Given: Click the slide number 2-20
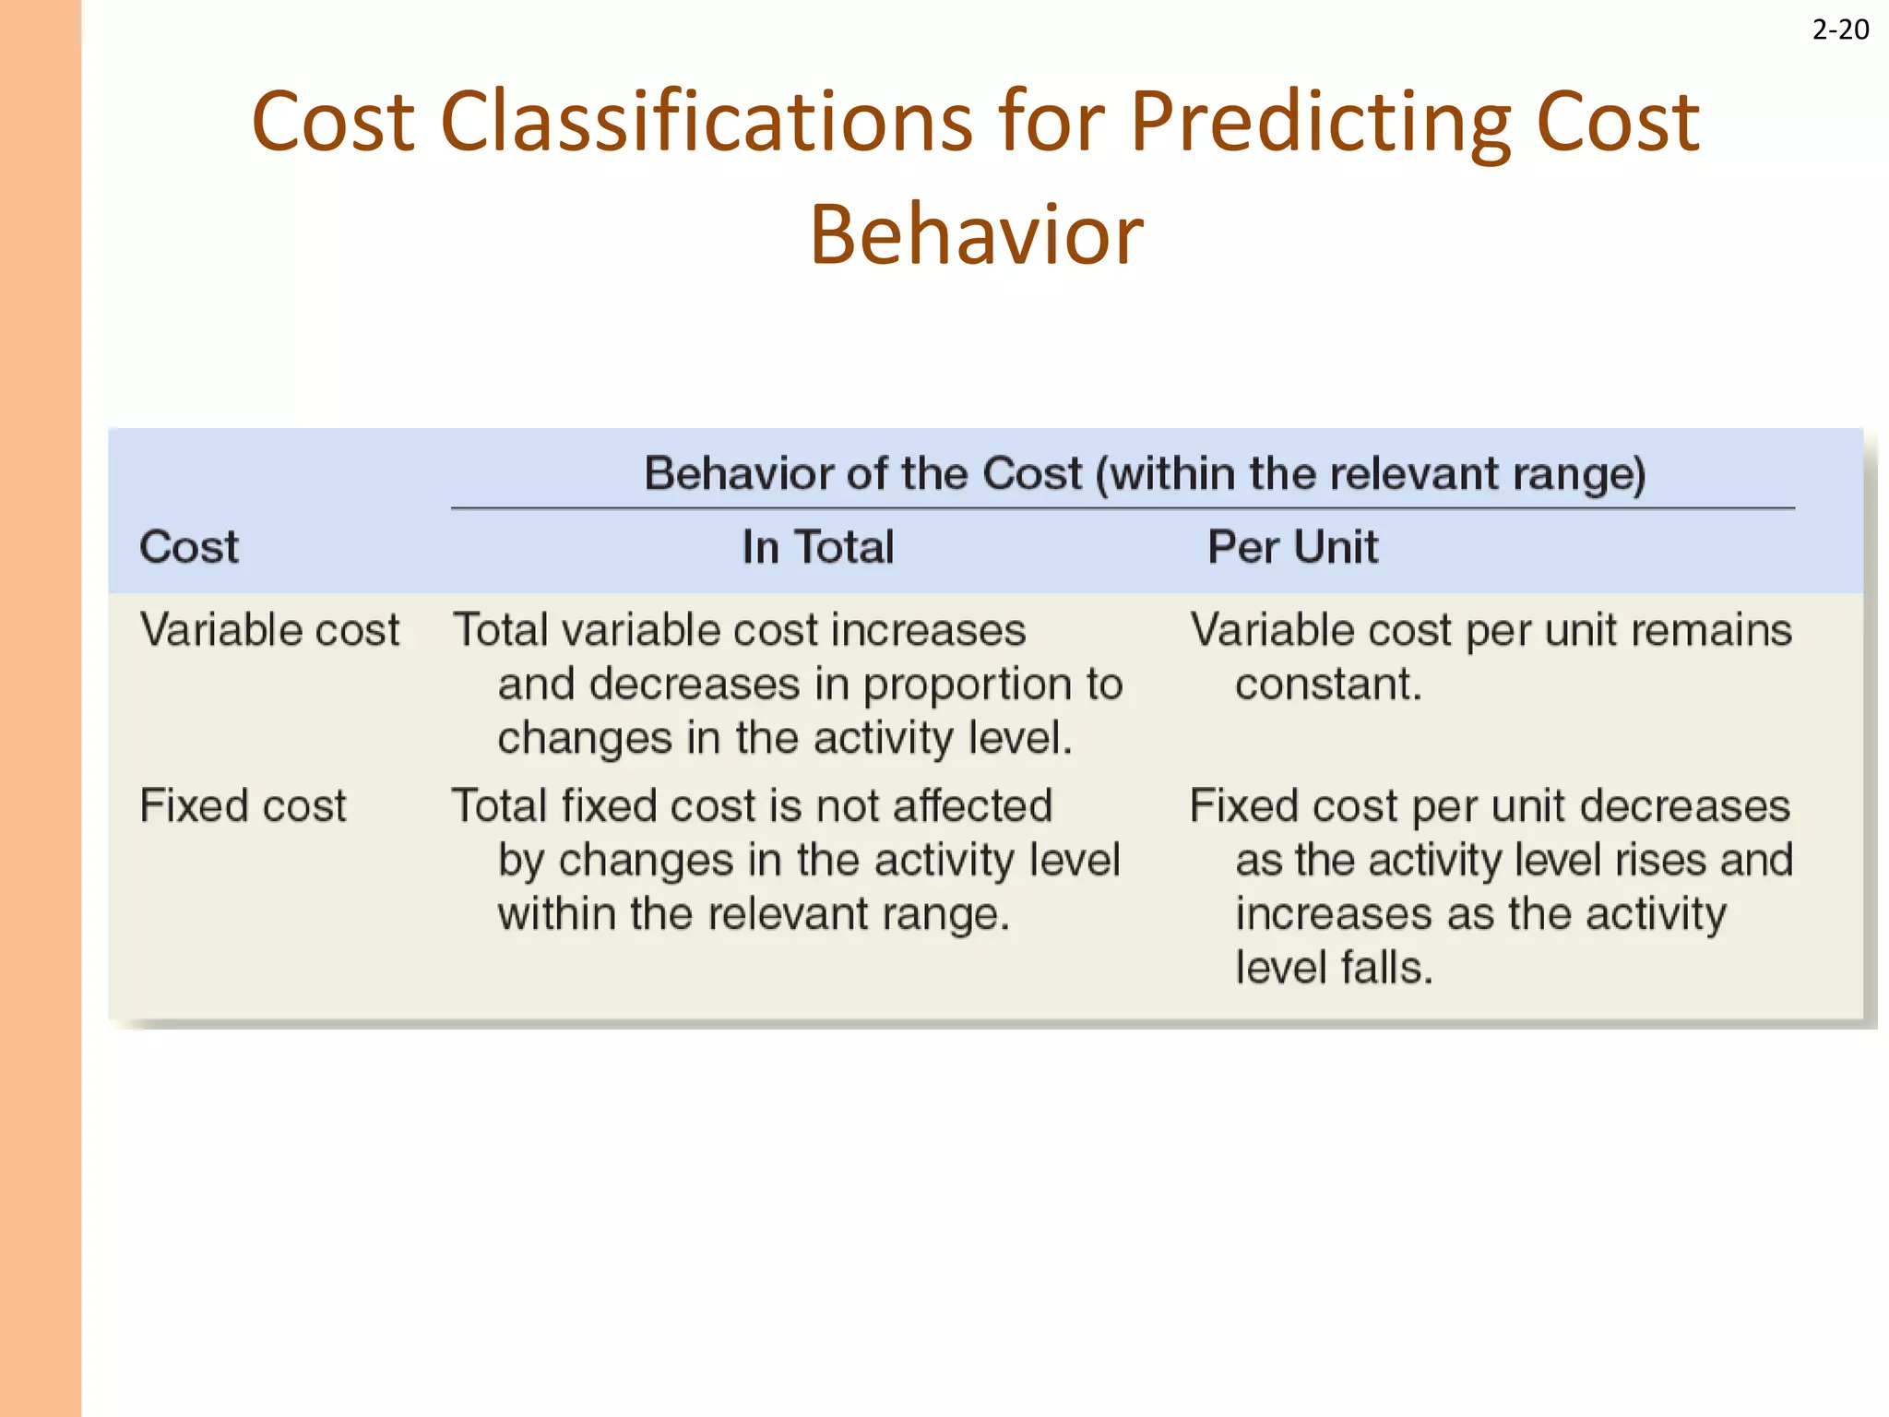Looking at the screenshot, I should pos(1840,30).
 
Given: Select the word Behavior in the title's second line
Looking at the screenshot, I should pos(976,235).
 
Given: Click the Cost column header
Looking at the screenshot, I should pos(188,546).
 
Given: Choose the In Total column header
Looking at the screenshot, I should pos(818,546).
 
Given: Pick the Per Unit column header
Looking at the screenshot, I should pos(1292,546).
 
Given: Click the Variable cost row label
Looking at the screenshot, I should pos(269,630).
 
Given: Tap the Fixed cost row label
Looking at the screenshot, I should pos(243,805).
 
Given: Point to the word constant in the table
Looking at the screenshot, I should pos(1328,685).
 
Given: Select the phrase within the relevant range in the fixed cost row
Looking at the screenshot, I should pos(753,914).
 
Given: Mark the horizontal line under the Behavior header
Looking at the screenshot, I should pos(1122,508).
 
